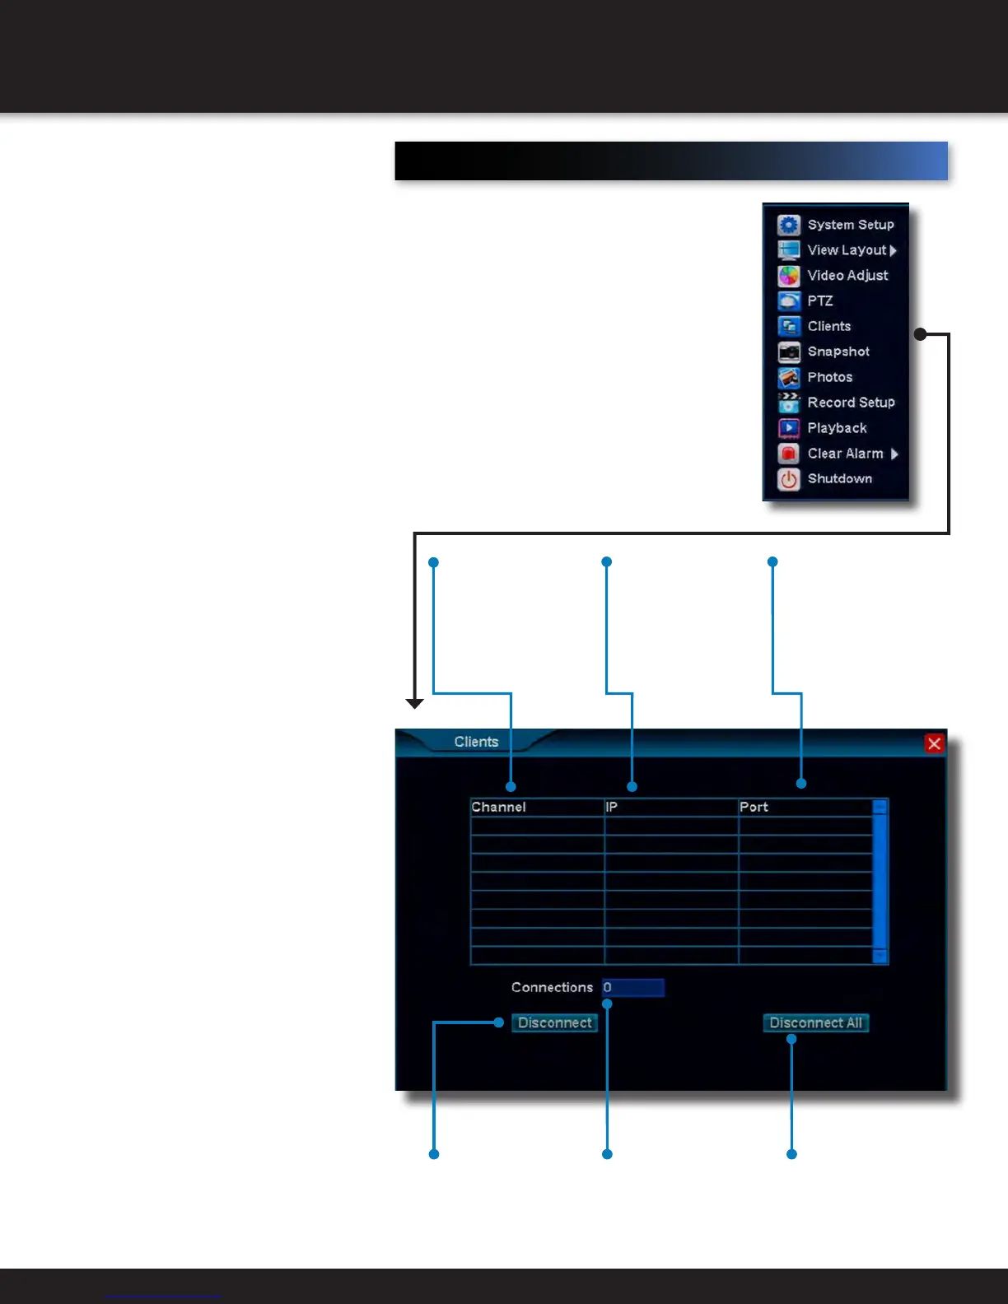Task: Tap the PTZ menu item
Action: (x=819, y=301)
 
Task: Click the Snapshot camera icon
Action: (x=789, y=352)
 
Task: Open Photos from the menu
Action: (x=829, y=377)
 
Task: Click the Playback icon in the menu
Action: (x=789, y=428)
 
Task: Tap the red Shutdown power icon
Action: (x=789, y=479)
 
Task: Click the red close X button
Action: (x=934, y=743)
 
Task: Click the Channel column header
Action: (x=499, y=808)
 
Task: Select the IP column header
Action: (x=612, y=808)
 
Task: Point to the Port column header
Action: (x=754, y=808)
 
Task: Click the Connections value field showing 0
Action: (x=632, y=988)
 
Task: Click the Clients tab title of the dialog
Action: (x=476, y=742)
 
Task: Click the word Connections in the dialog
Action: (x=552, y=988)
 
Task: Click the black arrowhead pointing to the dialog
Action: (x=415, y=703)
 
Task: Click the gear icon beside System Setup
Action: (x=789, y=225)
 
